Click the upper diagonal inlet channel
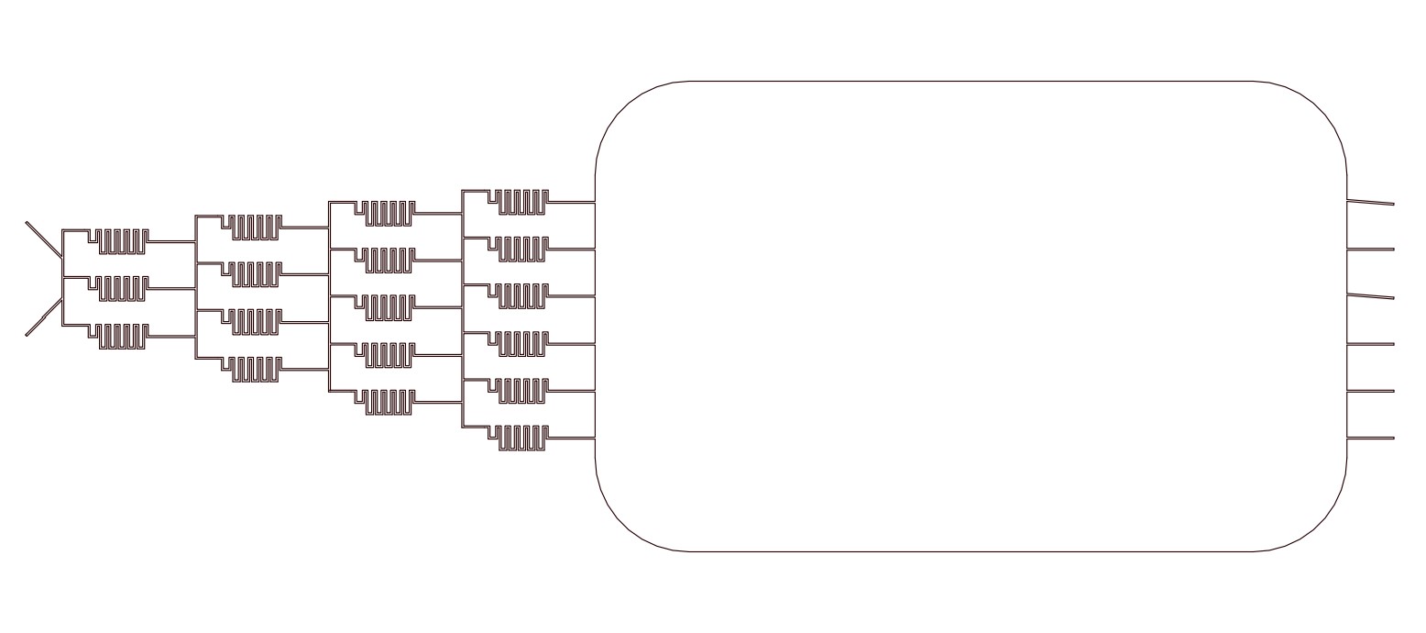pyautogui.click(x=44, y=240)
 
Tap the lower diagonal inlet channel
pyautogui.click(x=44, y=317)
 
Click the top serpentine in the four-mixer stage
pyautogui.click(x=256, y=227)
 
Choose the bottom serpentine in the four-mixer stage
pyautogui.click(x=256, y=369)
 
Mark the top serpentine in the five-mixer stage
pyautogui.click(x=389, y=213)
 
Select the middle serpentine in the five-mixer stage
pyautogui.click(x=389, y=308)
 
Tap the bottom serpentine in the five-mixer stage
pyautogui.click(x=389, y=403)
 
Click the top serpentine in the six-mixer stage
pyautogui.click(x=523, y=202)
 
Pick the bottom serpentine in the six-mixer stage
pyautogui.click(x=523, y=439)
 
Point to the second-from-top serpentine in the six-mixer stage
pyautogui.click(x=523, y=249)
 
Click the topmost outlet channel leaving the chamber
pyautogui.click(x=1370, y=202)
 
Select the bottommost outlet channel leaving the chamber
pyautogui.click(x=1370, y=439)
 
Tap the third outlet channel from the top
pyautogui.click(x=1370, y=295)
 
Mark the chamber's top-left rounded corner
pyautogui.click(x=624, y=109)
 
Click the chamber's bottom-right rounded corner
pyautogui.click(x=1319, y=524)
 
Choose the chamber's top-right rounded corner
pyautogui.click(x=1319, y=109)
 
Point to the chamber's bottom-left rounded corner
pyautogui.click(x=624, y=524)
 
